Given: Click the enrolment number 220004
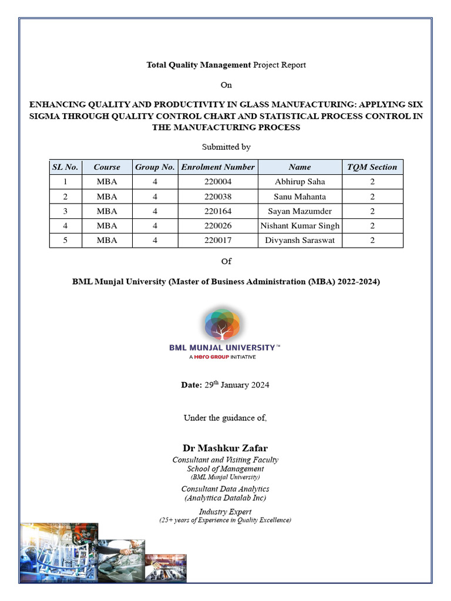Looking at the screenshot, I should (x=218, y=182).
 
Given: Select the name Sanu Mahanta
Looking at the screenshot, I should (x=299, y=197).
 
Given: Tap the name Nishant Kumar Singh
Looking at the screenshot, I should (x=299, y=225).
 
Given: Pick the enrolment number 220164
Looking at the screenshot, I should (x=218, y=211).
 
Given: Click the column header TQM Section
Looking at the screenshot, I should (x=372, y=167).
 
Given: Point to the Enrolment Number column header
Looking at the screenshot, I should (x=218, y=167).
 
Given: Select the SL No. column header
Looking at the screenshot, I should (x=65, y=167).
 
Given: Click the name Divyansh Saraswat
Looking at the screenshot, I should (x=299, y=240).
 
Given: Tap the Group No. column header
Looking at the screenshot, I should (x=155, y=167).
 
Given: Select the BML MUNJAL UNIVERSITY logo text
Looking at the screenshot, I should (x=223, y=347).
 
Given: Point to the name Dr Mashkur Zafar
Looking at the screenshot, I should (x=225, y=448).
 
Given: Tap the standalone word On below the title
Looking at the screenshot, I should (x=226, y=85).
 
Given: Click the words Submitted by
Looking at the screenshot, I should (x=226, y=147).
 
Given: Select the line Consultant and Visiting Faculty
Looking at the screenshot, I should (x=225, y=460).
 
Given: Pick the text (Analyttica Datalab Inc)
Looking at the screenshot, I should (x=225, y=498).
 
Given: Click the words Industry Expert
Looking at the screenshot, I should (x=225, y=512).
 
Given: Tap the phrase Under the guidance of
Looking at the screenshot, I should (x=225, y=418).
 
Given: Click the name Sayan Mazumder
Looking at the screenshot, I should (x=299, y=211).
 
